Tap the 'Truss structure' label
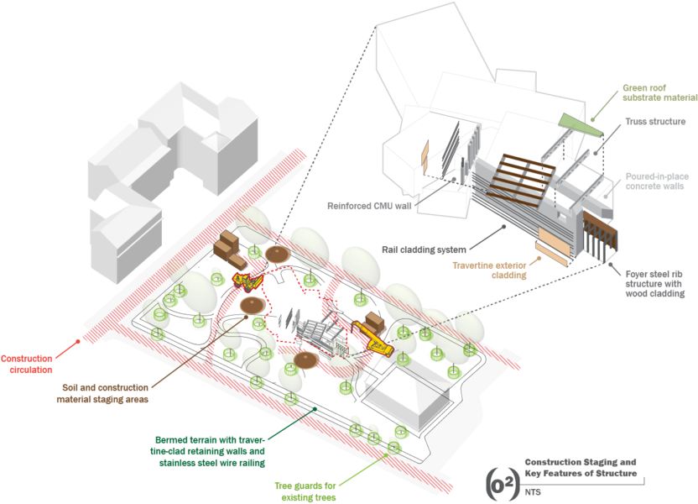tap(655, 122)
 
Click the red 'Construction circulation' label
tap(33, 363)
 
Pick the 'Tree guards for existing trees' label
tap(306, 491)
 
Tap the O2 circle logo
tap(503, 484)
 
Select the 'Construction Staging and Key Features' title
tap(580, 468)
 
